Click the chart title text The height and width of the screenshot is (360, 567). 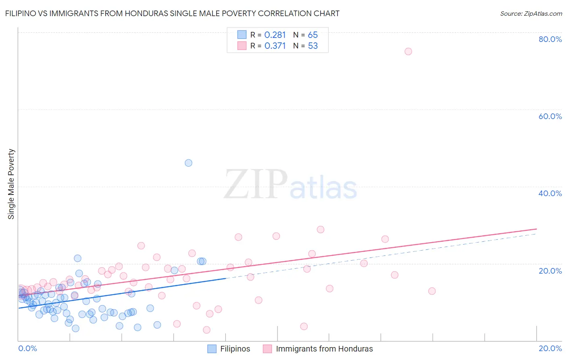tap(172, 13)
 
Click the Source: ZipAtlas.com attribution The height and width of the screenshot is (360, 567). tap(531, 13)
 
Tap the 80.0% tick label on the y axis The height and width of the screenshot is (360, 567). tap(550, 39)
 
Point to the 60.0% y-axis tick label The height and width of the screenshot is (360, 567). tap(550, 116)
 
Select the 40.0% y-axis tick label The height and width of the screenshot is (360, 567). tap(550, 193)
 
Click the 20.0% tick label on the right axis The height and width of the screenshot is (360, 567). tap(550, 271)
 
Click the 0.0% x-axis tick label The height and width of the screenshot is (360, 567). tap(27, 348)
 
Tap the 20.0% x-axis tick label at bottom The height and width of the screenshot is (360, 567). tap(550, 348)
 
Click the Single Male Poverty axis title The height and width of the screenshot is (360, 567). tap(11, 184)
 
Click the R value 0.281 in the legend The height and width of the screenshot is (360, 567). tap(275, 35)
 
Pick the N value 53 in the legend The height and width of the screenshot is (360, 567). tap(313, 46)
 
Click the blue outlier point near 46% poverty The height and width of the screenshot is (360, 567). tap(188, 163)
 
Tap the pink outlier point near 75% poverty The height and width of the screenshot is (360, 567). tap(408, 51)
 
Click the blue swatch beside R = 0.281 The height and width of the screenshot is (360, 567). tap(242, 35)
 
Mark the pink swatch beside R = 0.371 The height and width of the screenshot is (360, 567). tap(242, 46)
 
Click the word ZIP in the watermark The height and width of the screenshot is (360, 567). tap(255, 184)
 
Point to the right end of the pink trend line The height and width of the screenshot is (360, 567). tap(536, 229)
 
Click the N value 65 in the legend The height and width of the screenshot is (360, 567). tap(313, 35)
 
